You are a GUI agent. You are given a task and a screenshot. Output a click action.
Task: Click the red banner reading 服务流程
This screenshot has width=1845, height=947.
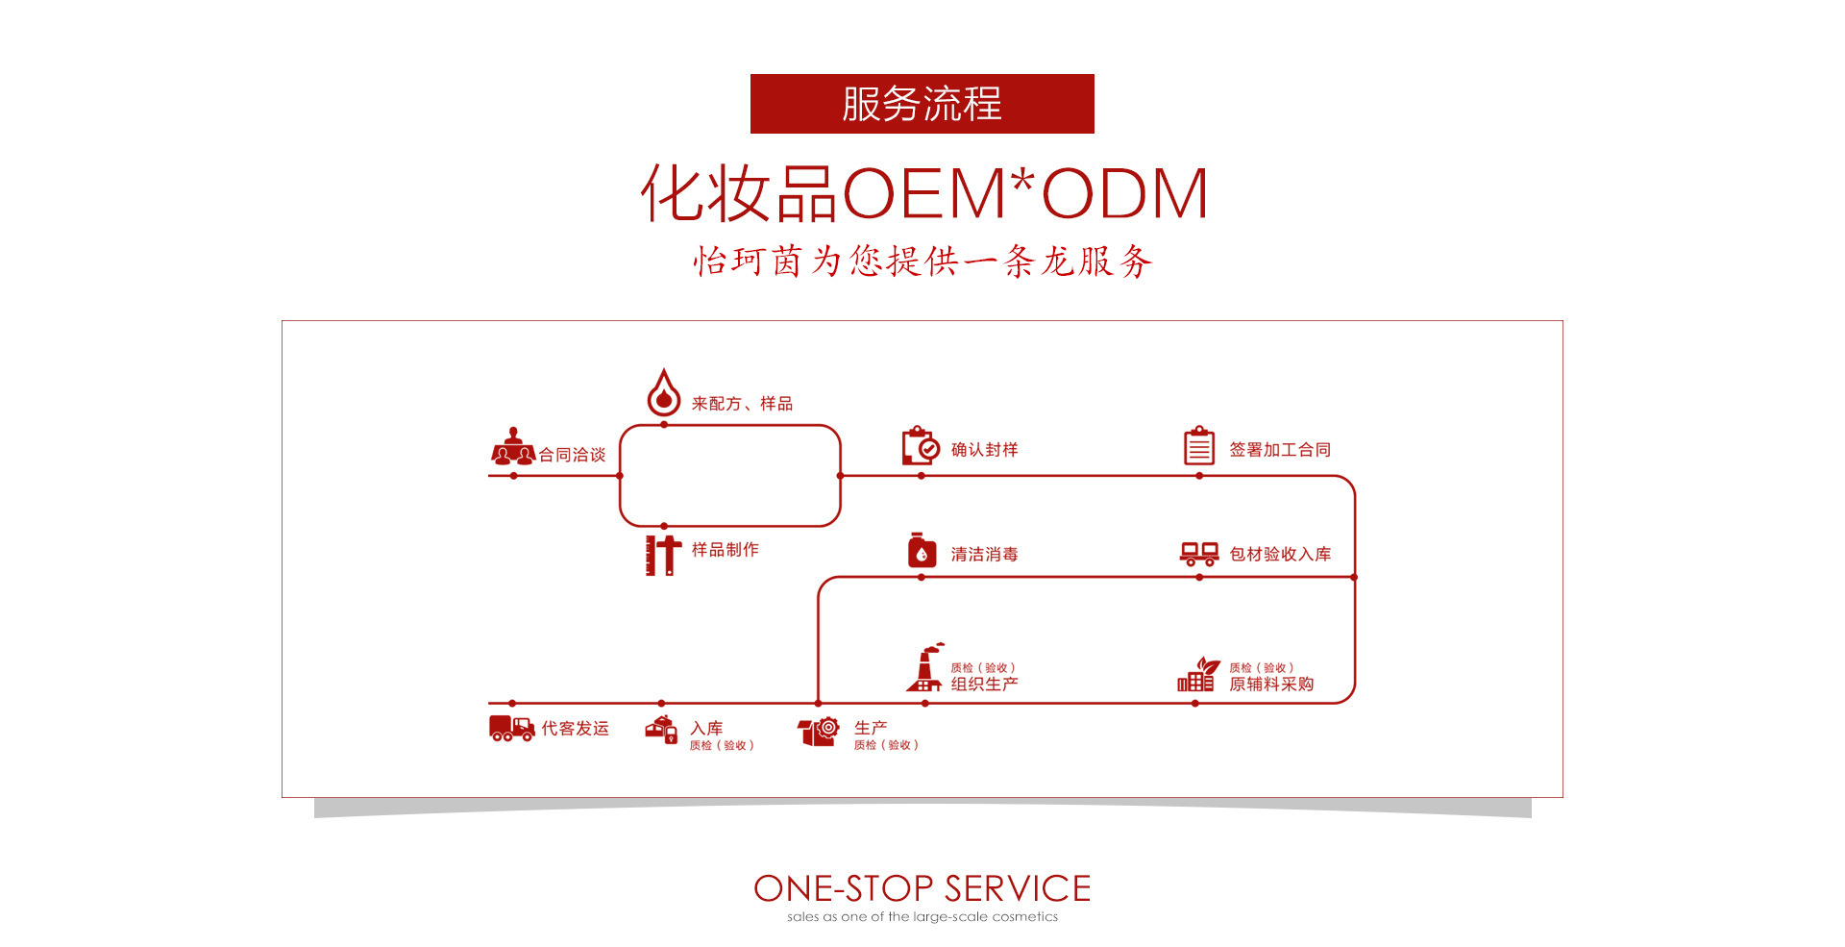tap(922, 104)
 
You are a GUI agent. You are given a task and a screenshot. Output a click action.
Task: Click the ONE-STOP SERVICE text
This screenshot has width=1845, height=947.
tap(922, 888)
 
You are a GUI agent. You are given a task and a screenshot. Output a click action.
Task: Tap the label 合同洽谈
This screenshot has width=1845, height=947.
tap(572, 455)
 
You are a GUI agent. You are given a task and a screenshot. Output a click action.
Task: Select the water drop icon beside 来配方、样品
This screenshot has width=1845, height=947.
tap(663, 392)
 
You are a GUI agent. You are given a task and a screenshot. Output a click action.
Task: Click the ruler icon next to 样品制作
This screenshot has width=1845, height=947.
tap(662, 555)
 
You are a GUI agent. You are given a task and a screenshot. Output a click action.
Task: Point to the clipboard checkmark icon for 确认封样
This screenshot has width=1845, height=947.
tap(921, 446)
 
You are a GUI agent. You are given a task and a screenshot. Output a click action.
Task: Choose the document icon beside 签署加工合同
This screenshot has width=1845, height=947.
tap(1198, 446)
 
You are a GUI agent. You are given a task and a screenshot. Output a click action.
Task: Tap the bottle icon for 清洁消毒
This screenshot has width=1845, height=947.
tap(922, 551)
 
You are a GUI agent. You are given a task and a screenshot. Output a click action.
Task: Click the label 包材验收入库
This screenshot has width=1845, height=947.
tap(1280, 554)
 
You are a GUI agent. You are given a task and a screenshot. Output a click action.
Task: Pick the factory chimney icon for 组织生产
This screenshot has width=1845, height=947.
tap(924, 668)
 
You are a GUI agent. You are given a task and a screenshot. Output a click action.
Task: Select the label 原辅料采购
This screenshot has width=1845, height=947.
tap(1271, 684)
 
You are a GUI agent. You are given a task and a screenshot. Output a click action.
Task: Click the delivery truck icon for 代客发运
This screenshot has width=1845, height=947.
tap(511, 728)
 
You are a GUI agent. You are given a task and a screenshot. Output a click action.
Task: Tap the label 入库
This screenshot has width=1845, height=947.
tap(706, 728)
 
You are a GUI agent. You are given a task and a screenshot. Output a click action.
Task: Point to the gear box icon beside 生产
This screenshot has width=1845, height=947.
tap(819, 732)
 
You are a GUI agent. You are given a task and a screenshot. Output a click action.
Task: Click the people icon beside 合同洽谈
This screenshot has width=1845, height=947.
tap(512, 447)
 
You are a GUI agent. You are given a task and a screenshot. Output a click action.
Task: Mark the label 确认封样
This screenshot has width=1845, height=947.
tap(984, 449)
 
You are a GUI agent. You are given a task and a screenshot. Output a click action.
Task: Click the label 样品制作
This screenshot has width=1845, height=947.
tap(725, 549)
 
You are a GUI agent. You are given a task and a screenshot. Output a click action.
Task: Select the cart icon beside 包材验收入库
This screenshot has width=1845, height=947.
tap(1198, 554)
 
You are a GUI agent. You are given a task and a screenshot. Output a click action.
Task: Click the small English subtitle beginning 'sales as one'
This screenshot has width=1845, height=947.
tap(922, 917)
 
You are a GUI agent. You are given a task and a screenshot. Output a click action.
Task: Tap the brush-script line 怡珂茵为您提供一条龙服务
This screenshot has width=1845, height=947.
tap(922, 261)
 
